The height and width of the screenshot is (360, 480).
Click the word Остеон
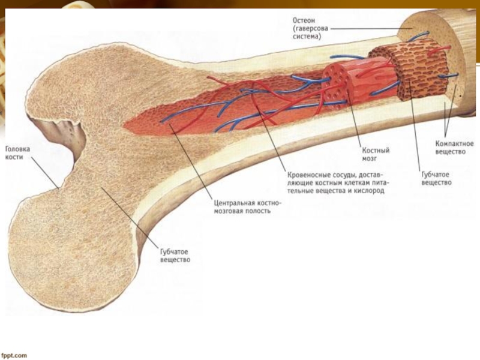(x=304, y=20)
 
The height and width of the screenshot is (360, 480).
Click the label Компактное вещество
(x=454, y=148)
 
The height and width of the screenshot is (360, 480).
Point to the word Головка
(x=17, y=148)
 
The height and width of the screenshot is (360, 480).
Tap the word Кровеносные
(x=308, y=176)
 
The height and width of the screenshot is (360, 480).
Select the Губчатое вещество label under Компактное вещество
(x=436, y=178)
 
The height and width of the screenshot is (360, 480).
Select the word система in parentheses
(x=307, y=36)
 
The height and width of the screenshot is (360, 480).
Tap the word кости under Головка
(x=14, y=155)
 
